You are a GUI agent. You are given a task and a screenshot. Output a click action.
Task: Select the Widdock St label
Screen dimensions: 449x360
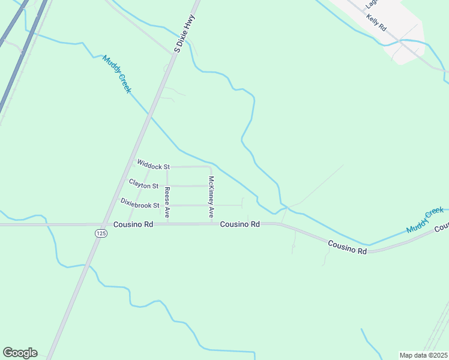tap(154, 163)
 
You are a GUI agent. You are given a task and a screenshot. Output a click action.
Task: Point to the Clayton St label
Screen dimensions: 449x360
tap(143, 184)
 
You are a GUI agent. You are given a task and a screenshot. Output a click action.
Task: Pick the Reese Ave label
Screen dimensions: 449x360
tap(167, 202)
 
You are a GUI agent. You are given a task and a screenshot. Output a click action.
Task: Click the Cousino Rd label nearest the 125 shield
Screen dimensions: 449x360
tap(133, 224)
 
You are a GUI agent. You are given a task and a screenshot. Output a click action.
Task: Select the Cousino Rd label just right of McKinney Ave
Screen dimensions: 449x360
tap(240, 224)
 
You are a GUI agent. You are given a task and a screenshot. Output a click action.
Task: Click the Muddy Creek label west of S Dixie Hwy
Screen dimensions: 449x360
tap(116, 74)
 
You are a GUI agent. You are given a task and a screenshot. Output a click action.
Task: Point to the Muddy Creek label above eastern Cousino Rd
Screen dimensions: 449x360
tap(425, 220)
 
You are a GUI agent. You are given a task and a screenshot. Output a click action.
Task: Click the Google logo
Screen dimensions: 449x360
tap(20, 353)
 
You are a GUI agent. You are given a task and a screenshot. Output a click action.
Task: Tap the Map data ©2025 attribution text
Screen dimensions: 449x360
tap(423, 355)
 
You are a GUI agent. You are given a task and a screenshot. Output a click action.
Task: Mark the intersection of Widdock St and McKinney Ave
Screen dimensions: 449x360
tap(210, 167)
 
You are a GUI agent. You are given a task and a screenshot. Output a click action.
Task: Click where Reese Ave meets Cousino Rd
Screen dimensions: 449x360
tap(167, 224)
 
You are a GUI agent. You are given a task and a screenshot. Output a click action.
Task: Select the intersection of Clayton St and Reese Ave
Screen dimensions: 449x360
tap(167, 186)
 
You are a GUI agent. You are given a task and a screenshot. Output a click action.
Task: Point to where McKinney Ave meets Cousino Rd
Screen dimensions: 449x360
tap(211, 224)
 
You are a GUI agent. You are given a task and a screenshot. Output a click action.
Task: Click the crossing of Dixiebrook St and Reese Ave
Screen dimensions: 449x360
tap(167, 205)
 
